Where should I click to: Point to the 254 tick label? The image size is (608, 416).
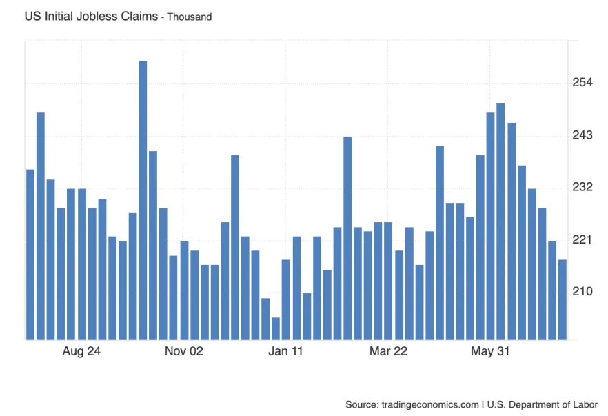582,83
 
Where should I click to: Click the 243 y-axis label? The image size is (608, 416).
582,135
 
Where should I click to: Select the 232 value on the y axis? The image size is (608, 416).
582,187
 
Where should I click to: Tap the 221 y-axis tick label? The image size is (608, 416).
582,239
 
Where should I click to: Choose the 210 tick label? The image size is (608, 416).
582,291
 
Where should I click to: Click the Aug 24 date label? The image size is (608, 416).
81,352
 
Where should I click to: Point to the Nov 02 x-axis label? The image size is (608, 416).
184,352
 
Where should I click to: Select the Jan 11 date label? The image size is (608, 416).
286,352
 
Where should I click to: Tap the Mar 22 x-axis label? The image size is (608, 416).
389,352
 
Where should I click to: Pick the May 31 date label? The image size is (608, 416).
490,352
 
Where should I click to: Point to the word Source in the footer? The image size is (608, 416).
361,404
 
